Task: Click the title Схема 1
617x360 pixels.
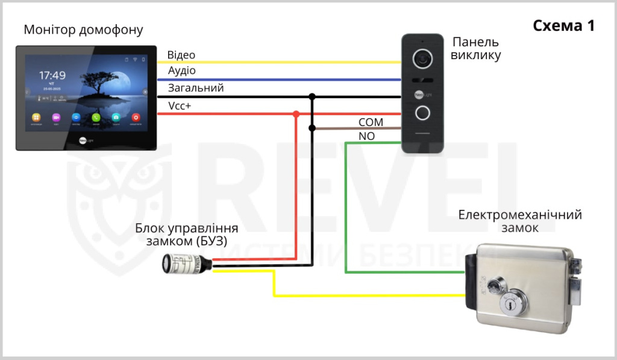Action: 564,26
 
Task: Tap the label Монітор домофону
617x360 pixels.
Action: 84,30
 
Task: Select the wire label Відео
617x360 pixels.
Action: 181,55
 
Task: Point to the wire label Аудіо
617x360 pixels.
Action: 181,71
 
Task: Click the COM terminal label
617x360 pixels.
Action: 371,122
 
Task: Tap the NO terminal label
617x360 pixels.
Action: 366,136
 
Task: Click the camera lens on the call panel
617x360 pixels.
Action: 423,58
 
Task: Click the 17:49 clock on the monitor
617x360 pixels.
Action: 52,75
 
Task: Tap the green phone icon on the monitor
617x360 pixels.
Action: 96,118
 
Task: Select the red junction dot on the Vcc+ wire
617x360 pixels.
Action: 296,114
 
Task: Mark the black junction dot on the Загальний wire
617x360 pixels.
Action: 312,96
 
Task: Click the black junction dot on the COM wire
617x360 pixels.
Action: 312,128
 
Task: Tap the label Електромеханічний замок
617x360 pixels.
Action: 519,221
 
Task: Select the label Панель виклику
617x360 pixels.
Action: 475,49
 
